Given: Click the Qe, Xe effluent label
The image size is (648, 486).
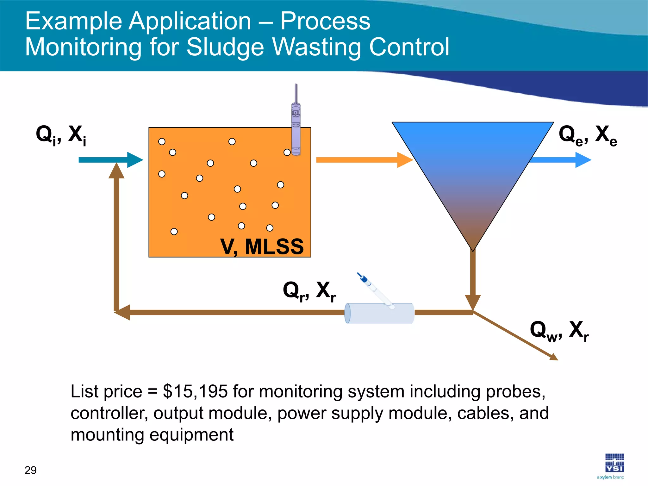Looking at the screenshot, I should pos(588,135).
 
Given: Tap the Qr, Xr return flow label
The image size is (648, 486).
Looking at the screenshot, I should pos(309,291).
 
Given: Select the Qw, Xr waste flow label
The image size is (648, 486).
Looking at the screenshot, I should pos(559,331).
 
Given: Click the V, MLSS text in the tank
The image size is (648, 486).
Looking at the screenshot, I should pos(262,246).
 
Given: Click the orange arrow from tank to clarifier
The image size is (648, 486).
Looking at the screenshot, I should pos(364,160).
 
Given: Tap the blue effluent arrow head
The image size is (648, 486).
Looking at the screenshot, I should pos(583,160).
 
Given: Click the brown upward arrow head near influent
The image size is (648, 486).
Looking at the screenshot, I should pos(116,171).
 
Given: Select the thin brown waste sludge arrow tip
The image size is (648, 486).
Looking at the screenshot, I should pos(554,358).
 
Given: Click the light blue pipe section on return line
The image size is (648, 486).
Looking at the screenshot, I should pos(379,313).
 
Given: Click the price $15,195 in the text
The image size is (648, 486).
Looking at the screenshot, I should pos(195,391).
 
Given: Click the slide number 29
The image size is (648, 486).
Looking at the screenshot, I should pos(30,470).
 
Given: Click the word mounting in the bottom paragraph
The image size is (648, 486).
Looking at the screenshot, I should pos(107,435).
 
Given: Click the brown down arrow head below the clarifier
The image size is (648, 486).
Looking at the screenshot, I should pos(473,302).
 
